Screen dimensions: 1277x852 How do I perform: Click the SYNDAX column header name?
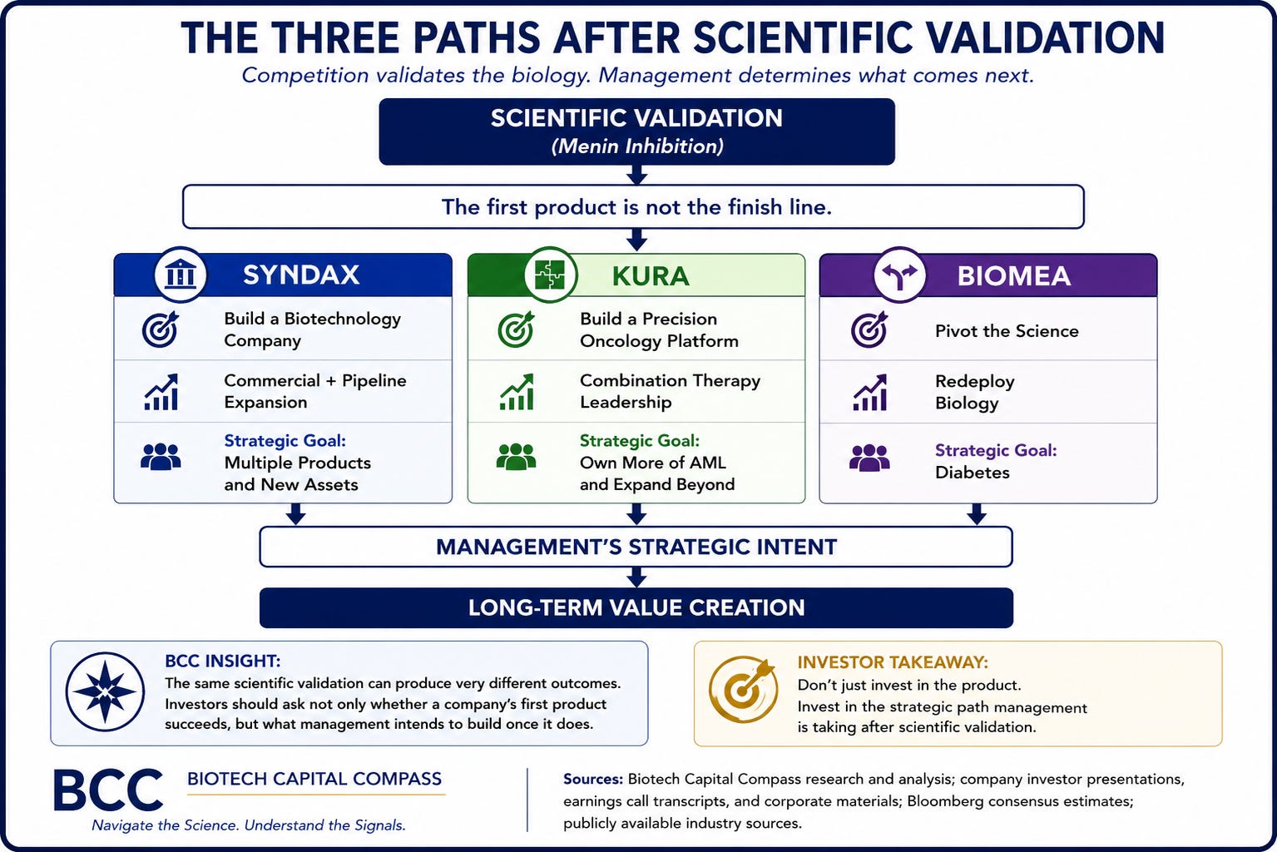pos(301,275)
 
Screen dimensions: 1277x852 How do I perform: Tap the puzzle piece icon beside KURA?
pos(550,275)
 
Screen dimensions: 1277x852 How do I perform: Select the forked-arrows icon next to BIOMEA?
pos(899,275)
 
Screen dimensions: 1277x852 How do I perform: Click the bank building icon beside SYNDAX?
pos(181,274)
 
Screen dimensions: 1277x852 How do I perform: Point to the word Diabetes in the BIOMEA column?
pos(972,473)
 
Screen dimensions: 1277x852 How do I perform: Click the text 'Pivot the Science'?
pos(1007,331)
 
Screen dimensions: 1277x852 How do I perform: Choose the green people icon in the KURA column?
pos(516,456)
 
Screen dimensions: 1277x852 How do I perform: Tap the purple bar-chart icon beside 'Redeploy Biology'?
pos(869,393)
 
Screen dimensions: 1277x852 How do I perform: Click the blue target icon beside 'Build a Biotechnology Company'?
pos(161,329)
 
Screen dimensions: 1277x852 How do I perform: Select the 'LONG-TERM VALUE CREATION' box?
pos(636,608)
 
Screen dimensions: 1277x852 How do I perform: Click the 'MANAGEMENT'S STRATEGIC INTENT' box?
pos(636,547)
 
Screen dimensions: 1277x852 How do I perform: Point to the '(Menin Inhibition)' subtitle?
pos(636,146)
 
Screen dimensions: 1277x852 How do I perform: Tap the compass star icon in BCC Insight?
pos(105,691)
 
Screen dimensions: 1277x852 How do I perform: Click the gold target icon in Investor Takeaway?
pos(743,690)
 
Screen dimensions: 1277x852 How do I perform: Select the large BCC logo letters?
pos(108,790)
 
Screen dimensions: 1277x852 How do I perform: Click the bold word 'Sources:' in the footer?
pos(593,779)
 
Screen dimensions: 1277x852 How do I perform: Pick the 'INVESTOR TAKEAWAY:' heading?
pos(892,662)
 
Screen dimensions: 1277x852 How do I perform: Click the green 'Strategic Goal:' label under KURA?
pos(640,441)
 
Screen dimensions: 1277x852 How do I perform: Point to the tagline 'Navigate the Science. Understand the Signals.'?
pos(249,825)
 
